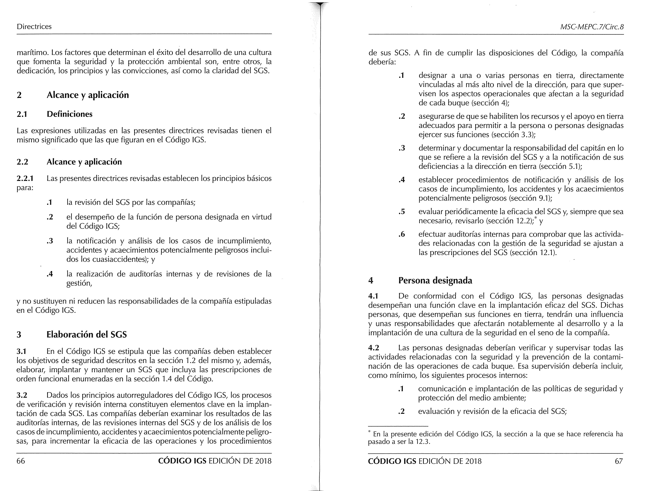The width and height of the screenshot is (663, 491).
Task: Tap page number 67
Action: (x=619, y=461)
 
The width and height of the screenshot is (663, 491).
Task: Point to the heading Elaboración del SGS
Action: (x=87, y=335)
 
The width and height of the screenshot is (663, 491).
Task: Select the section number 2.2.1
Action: (x=25, y=179)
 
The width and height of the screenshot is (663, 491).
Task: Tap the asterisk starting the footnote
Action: (x=369, y=432)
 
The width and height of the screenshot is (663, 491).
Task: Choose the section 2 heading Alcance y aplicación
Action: (x=88, y=95)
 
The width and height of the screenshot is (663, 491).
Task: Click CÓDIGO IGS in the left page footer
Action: (x=182, y=461)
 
